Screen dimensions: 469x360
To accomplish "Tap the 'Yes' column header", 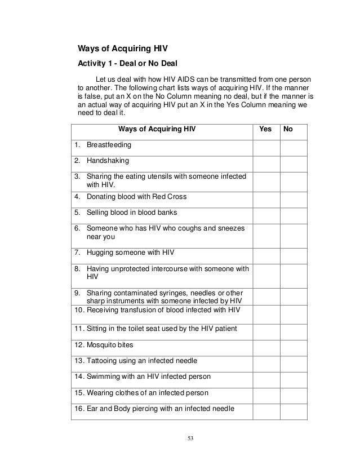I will click(x=265, y=129).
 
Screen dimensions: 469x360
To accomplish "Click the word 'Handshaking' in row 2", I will click(x=108, y=161).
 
